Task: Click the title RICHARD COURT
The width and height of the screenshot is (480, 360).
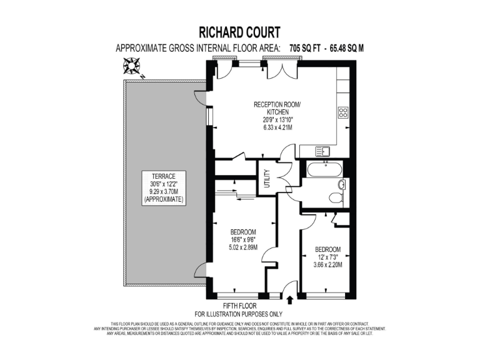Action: tap(239, 31)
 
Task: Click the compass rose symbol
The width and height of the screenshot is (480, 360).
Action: tap(132, 64)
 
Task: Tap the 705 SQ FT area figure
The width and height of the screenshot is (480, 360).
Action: tap(310, 47)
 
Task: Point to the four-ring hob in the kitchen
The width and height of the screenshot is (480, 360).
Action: tap(343, 113)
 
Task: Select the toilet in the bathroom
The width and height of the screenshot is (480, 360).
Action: tap(336, 198)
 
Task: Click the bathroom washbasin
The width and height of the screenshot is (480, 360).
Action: tap(341, 184)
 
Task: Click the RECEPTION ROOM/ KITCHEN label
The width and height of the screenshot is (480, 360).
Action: tap(277, 107)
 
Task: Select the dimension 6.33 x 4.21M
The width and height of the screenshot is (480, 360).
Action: tap(277, 127)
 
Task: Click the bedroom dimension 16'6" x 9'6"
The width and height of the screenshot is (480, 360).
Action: tap(244, 239)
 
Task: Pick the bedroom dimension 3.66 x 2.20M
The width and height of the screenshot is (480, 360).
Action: tap(327, 264)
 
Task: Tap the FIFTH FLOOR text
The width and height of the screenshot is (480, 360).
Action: tap(239, 306)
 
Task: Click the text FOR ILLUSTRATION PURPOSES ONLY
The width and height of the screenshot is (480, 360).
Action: tap(239, 314)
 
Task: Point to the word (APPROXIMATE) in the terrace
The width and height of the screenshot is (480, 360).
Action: tap(163, 200)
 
